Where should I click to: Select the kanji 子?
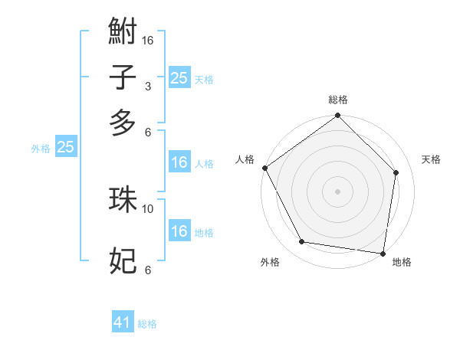coord(123,78)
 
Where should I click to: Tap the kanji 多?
coord(123,123)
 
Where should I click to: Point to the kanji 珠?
coord(123,199)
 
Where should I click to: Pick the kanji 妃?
coord(123,261)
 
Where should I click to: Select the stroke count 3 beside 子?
coord(148,87)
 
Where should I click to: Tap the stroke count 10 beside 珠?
coord(148,208)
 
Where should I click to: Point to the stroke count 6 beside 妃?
coord(148,270)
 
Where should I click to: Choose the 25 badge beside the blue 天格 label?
coord(179,77)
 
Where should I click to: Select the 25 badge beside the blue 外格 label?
coord(65,147)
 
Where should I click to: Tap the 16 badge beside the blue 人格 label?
coord(179,162)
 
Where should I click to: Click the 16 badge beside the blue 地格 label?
coord(179,231)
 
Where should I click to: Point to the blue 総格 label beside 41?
coord(147,324)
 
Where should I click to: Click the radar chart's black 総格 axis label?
coord(337,100)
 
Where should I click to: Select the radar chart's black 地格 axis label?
coord(402,263)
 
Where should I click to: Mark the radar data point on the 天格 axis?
coord(396,172)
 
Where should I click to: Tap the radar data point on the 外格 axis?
coord(302,242)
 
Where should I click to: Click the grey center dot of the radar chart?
coord(337,191)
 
